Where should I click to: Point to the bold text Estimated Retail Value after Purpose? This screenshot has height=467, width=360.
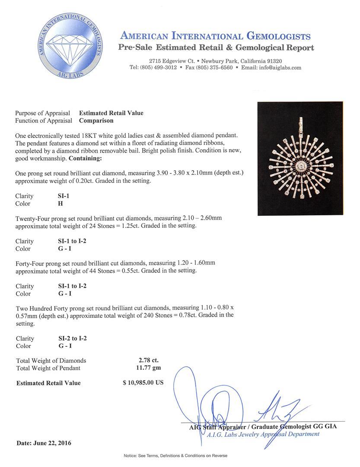111,113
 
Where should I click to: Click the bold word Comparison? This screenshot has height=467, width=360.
96,121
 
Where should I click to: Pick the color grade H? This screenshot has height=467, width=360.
61,204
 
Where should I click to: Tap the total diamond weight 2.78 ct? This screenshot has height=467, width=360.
149,360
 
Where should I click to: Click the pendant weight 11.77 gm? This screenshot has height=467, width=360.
149,368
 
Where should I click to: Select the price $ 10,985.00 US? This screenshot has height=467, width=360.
143,383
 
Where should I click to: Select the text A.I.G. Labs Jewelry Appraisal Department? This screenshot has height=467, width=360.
263,434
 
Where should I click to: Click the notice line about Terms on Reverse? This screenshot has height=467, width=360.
175,456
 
